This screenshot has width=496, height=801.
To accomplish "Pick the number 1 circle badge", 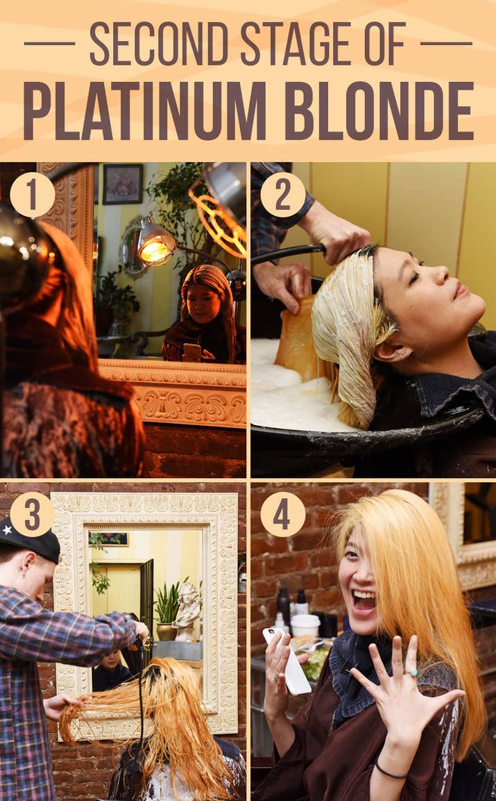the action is coord(32,195).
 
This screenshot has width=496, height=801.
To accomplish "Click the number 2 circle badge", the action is coord(283,195).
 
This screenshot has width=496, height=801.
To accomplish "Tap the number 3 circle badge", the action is coord(32,514).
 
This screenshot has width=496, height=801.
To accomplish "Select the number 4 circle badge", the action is coord(283,514).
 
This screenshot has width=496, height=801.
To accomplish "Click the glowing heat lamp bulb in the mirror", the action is coord(155,251).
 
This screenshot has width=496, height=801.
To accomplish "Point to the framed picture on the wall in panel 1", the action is coord(123,184).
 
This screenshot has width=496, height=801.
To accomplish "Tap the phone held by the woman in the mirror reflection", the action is coord(191,352).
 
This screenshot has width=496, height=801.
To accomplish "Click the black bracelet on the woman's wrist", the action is coord(391,772).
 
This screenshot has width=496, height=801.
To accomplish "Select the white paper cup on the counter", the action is coord(305,625).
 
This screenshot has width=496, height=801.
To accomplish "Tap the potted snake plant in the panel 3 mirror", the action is coord(167,610).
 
